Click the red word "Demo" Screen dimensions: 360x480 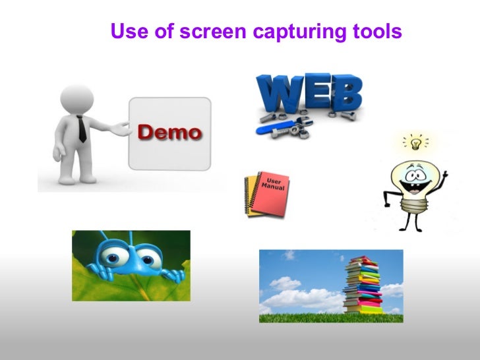coord(169,132)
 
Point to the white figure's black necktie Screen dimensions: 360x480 coord(82,129)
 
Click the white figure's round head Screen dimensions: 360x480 coord(75,97)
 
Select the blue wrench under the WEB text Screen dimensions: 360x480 coord(280,129)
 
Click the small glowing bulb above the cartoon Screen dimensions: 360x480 coord(415,142)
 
